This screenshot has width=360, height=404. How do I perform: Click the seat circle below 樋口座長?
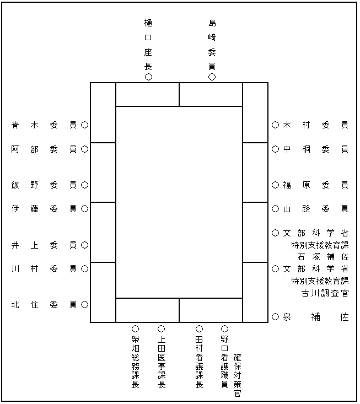point(148,77)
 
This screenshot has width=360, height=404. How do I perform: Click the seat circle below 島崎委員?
point(212,77)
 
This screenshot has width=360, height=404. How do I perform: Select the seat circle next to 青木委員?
point(84,125)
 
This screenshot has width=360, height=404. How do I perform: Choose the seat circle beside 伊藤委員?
point(84,209)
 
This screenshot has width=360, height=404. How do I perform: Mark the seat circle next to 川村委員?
point(84,269)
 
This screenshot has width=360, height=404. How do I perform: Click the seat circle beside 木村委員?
point(275,125)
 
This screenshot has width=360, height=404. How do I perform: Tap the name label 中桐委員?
point(316,149)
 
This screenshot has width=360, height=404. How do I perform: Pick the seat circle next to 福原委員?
point(275,185)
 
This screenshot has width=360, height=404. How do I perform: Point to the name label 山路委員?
point(316,209)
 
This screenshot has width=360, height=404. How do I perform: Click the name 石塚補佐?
point(323,257)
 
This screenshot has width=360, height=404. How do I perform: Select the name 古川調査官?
point(325,293)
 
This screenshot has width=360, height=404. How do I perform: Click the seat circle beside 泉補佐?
point(275,317)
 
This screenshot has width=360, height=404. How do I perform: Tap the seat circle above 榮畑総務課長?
point(135,328)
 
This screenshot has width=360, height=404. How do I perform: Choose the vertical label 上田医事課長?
point(162,362)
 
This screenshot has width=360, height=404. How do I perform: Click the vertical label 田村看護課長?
point(199,362)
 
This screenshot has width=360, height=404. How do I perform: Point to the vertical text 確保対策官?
point(238,375)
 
